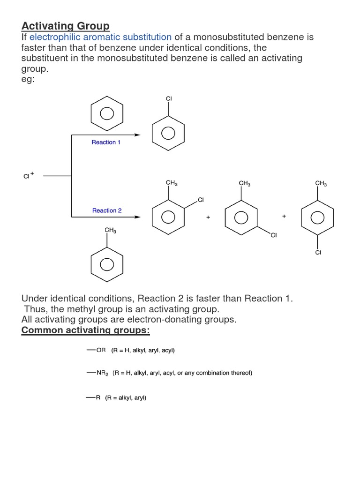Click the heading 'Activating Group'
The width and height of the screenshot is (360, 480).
65,26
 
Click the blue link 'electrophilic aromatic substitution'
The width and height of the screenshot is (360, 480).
100,37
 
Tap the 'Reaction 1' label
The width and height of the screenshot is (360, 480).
106,142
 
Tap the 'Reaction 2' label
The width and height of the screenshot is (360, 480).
107,210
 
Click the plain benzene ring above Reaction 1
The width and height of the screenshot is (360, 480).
107,114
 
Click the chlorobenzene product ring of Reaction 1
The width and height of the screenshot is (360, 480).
168,133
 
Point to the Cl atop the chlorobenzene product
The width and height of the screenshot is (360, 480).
169,99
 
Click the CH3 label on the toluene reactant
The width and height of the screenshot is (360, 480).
111,230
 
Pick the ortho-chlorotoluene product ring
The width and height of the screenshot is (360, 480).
168,217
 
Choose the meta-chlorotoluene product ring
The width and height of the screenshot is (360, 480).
241,217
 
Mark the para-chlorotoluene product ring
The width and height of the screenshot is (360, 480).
318,217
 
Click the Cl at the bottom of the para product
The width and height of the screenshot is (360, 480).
318,253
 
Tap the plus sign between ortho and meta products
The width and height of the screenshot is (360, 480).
208,217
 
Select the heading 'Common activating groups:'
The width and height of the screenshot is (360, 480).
86,330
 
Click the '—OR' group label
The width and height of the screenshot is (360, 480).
96,350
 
